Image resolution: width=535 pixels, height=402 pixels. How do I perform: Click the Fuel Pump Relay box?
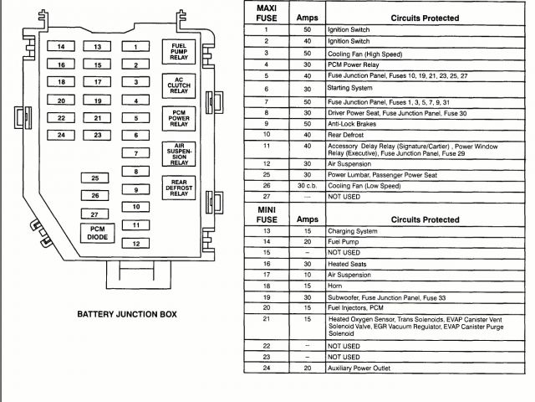[178, 53]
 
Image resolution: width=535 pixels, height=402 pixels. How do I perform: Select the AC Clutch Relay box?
[178, 85]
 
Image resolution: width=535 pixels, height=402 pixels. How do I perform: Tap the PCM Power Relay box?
[178, 119]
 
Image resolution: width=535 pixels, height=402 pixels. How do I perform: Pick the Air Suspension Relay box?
[178, 155]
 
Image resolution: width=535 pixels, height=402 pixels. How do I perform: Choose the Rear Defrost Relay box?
[178, 189]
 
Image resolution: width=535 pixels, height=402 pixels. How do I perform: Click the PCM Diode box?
[98, 233]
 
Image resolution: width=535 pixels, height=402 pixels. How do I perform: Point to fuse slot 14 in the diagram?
[61, 47]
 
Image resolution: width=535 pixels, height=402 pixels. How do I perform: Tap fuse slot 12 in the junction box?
[135, 244]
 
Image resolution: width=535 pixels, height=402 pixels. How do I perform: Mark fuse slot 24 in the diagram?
[61, 135]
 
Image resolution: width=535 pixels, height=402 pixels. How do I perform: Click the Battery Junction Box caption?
[127, 316]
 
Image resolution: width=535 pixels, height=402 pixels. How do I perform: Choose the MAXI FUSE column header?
[266, 11]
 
